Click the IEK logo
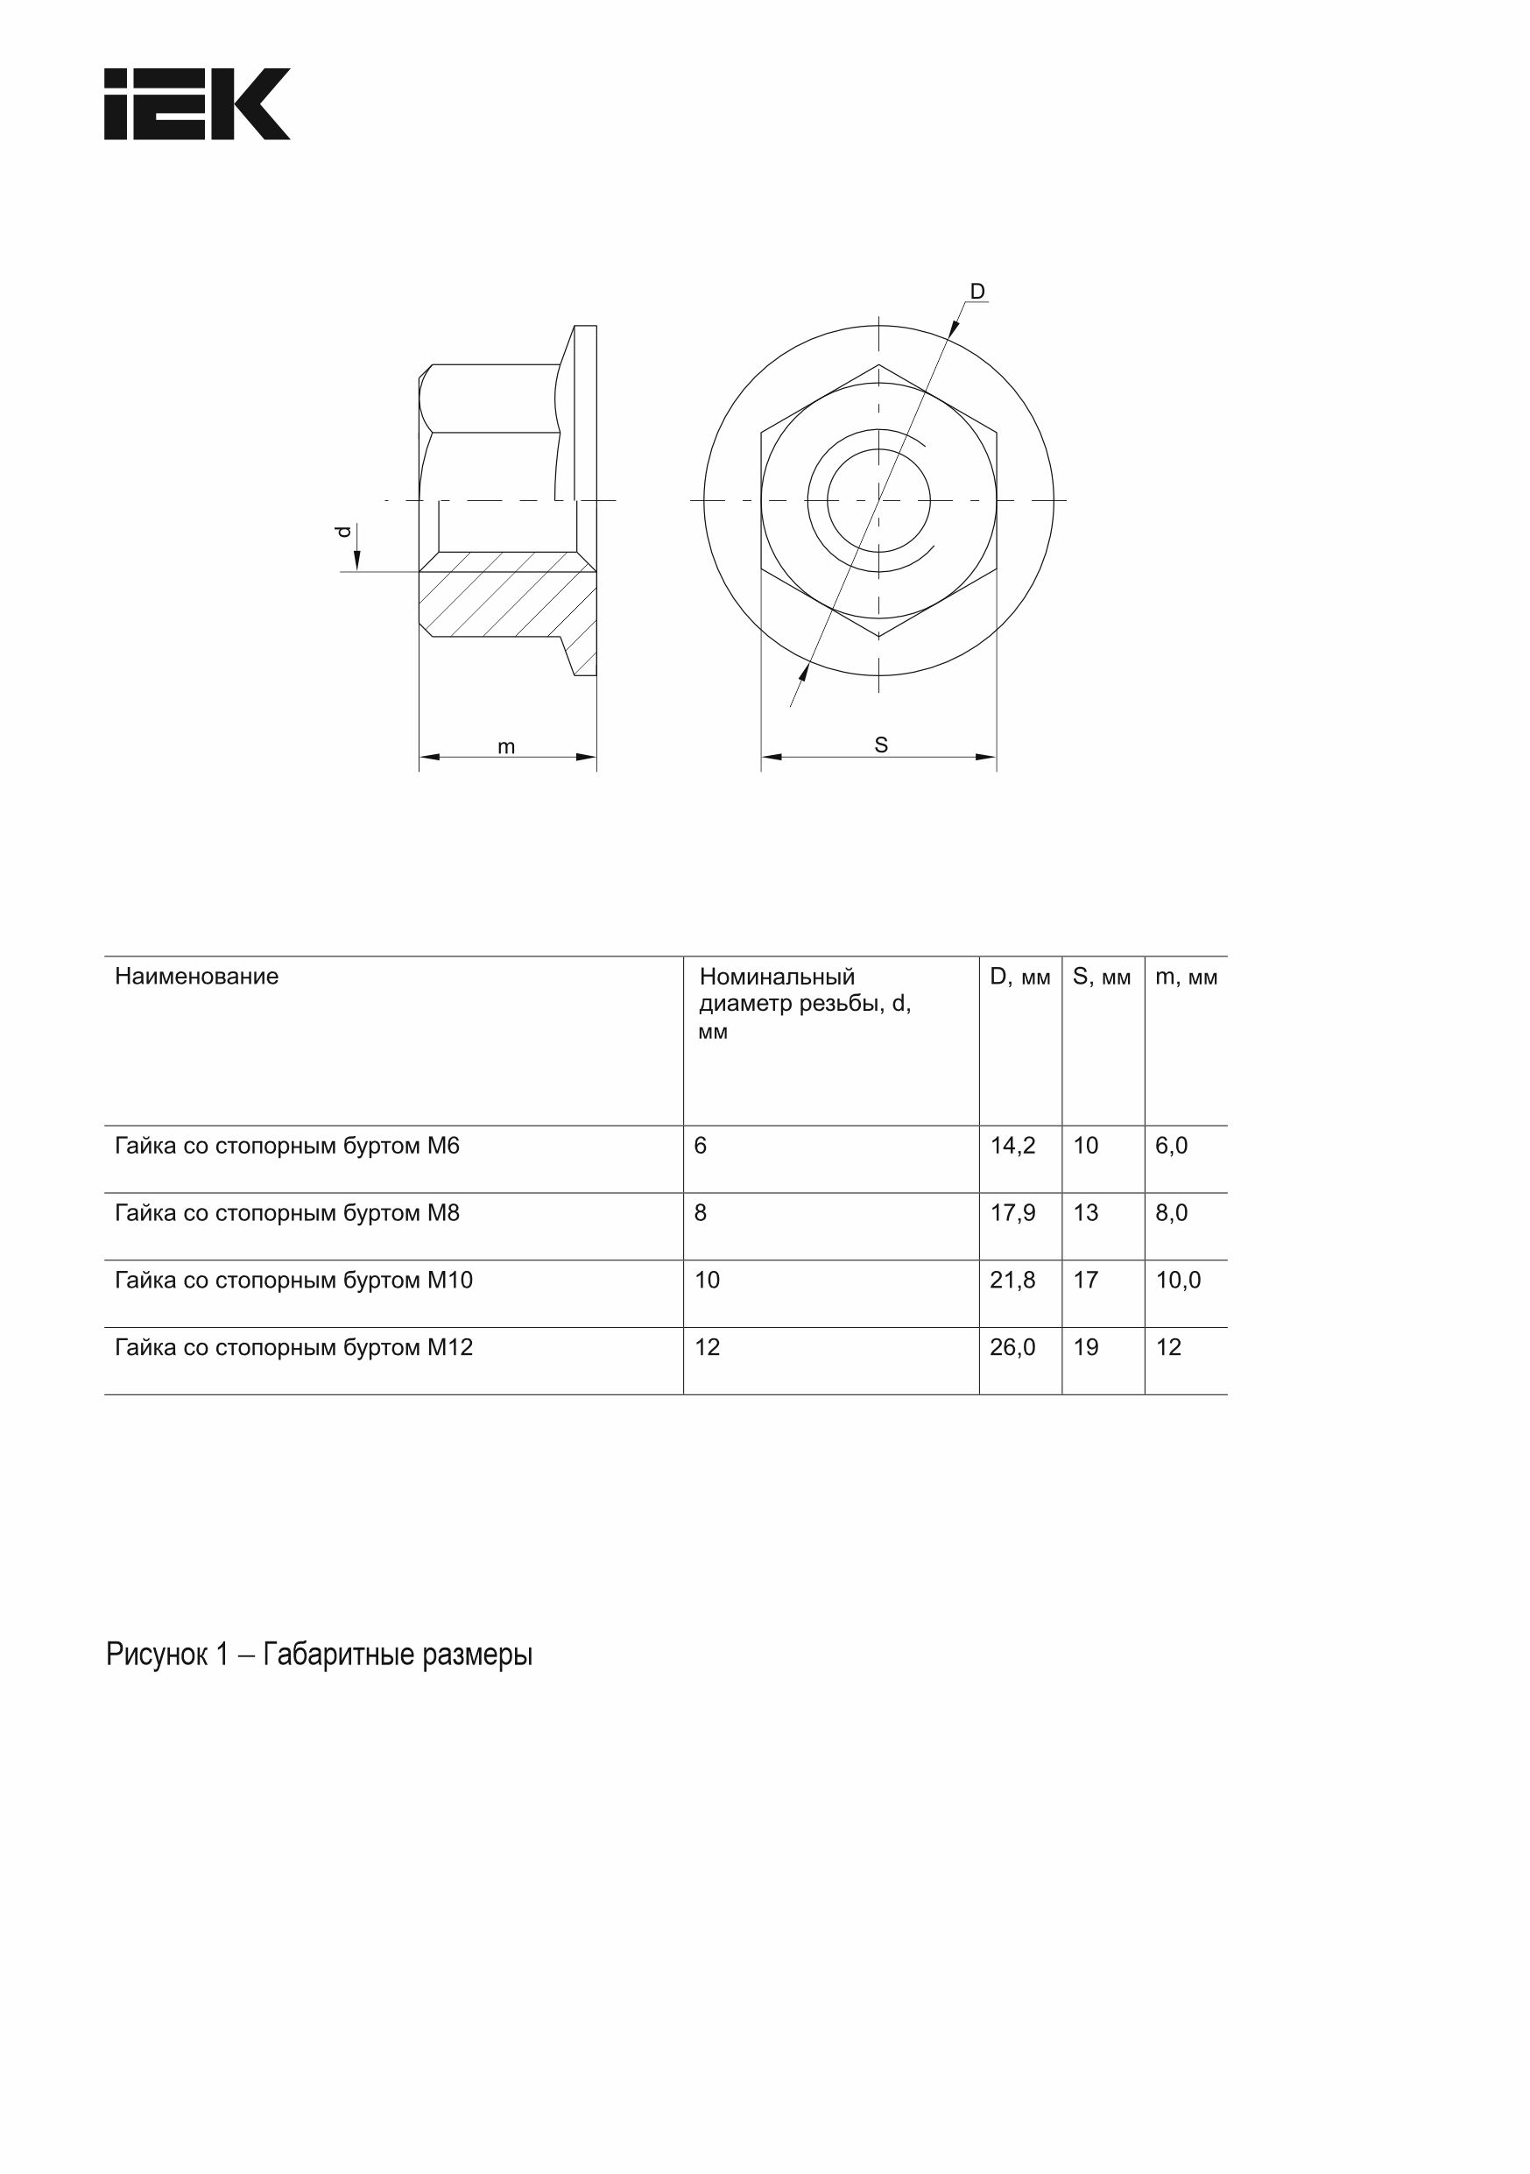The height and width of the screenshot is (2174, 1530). (197, 104)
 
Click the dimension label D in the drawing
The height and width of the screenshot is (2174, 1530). (977, 292)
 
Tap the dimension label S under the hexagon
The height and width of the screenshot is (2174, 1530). (880, 745)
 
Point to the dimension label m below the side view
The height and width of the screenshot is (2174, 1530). (506, 747)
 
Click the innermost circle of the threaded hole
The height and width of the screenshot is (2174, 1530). (878, 500)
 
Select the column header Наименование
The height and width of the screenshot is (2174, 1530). (197, 977)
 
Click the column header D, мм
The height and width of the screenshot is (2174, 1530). (1019, 978)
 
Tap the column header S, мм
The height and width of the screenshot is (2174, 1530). (1101, 978)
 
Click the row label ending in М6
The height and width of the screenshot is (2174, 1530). (287, 1146)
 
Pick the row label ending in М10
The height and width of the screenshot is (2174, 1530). (293, 1281)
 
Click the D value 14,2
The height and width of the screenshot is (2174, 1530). (1012, 1146)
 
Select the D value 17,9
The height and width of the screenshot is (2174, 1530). (1012, 1213)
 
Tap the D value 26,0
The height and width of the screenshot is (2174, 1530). (1012, 1347)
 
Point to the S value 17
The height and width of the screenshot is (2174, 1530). (1085, 1281)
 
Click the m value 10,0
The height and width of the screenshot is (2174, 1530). (1178, 1281)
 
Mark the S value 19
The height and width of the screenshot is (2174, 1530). (1085, 1347)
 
